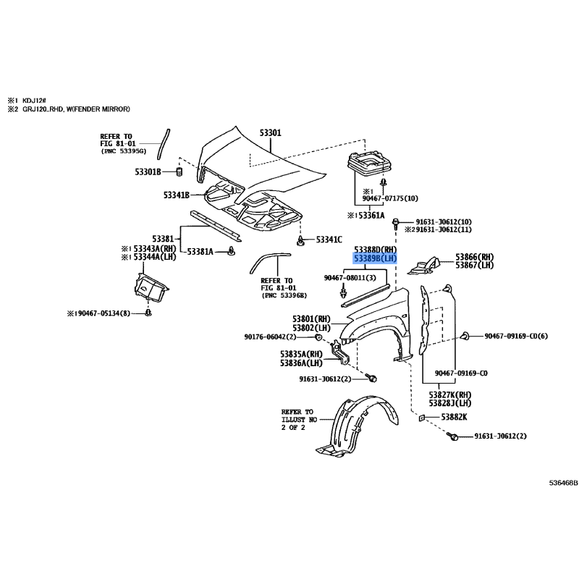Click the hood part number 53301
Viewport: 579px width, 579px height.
pos(270,132)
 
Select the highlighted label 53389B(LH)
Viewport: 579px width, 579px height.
pos(375,258)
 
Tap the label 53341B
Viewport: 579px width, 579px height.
pos(177,195)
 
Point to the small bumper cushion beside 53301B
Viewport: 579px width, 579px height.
pos(179,172)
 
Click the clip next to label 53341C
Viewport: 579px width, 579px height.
pos(300,240)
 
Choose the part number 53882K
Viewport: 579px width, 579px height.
pos(455,417)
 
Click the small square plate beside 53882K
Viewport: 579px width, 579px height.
pos(421,418)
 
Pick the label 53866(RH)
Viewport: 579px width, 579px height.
pos(475,257)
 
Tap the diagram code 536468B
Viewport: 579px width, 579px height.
pos(563,483)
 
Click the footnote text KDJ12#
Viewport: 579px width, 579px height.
pos(34,101)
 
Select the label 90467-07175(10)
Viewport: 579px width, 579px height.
pos(390,198)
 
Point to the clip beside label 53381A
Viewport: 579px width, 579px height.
pos(232,251)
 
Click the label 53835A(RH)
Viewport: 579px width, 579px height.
pos(301,354)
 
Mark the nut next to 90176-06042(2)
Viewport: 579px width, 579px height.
pos(318,337)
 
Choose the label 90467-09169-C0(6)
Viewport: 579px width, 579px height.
pos(516,336)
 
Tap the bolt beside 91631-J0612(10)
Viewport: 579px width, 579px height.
pos(395,223)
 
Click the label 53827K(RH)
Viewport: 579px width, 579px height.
pos(450,394)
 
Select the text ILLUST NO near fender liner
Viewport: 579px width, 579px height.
pos(299,420)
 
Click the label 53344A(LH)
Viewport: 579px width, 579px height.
pos(155,257)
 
